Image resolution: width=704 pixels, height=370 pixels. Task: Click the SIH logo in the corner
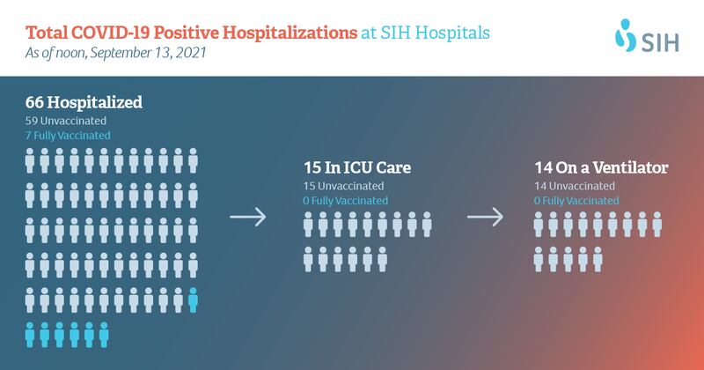coord(647,35)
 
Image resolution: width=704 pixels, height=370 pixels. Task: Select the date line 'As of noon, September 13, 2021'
coord(116,53)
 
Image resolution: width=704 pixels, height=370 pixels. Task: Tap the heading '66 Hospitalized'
coord(84,102)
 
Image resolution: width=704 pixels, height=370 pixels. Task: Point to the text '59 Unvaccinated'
coord(66,121)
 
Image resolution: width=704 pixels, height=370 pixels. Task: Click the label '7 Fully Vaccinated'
coord(68,136)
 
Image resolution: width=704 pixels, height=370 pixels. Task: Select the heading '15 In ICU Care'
coord(357,167)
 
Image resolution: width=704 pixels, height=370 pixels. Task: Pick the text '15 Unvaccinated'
coord(343,186)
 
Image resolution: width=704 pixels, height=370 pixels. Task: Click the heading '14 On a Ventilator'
coord(601,167)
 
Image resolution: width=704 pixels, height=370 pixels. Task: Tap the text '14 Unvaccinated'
coord(575,186)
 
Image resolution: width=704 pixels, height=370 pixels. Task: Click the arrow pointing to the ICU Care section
coord(248,217)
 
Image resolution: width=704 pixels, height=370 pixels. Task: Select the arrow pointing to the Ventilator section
coord(485,217)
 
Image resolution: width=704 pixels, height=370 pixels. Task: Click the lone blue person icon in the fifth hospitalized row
coord(193,300)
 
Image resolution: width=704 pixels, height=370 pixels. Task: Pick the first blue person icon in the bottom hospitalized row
coord(30,335)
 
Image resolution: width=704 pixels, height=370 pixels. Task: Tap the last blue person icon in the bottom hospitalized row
coord(104,335)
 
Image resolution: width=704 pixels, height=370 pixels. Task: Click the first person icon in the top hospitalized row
coord(30,160)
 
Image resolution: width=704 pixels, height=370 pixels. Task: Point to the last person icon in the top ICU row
coord(427,225)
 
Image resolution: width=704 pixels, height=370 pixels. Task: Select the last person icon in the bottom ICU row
coord(382,259)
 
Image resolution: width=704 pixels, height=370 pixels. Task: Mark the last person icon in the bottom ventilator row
coord(598,259)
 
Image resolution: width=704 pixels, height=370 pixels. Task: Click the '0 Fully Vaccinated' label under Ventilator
coord(576,201)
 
